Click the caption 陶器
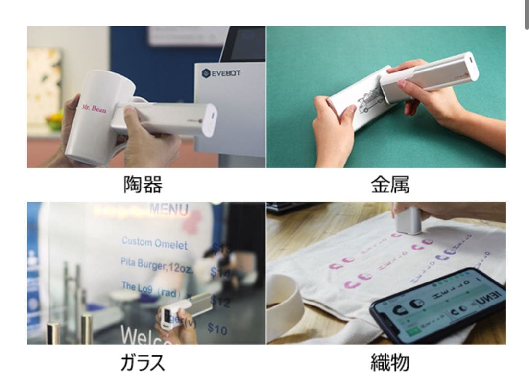pos(143,185)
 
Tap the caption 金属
pos(390,185)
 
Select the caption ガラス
pos(143,363)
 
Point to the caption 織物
pos(390,363)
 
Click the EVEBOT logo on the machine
pos(221,73)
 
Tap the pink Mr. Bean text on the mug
pos(94,108)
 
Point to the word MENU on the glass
pos(169,210)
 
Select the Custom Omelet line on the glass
pos(154,243)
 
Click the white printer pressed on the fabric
pos(408,220)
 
